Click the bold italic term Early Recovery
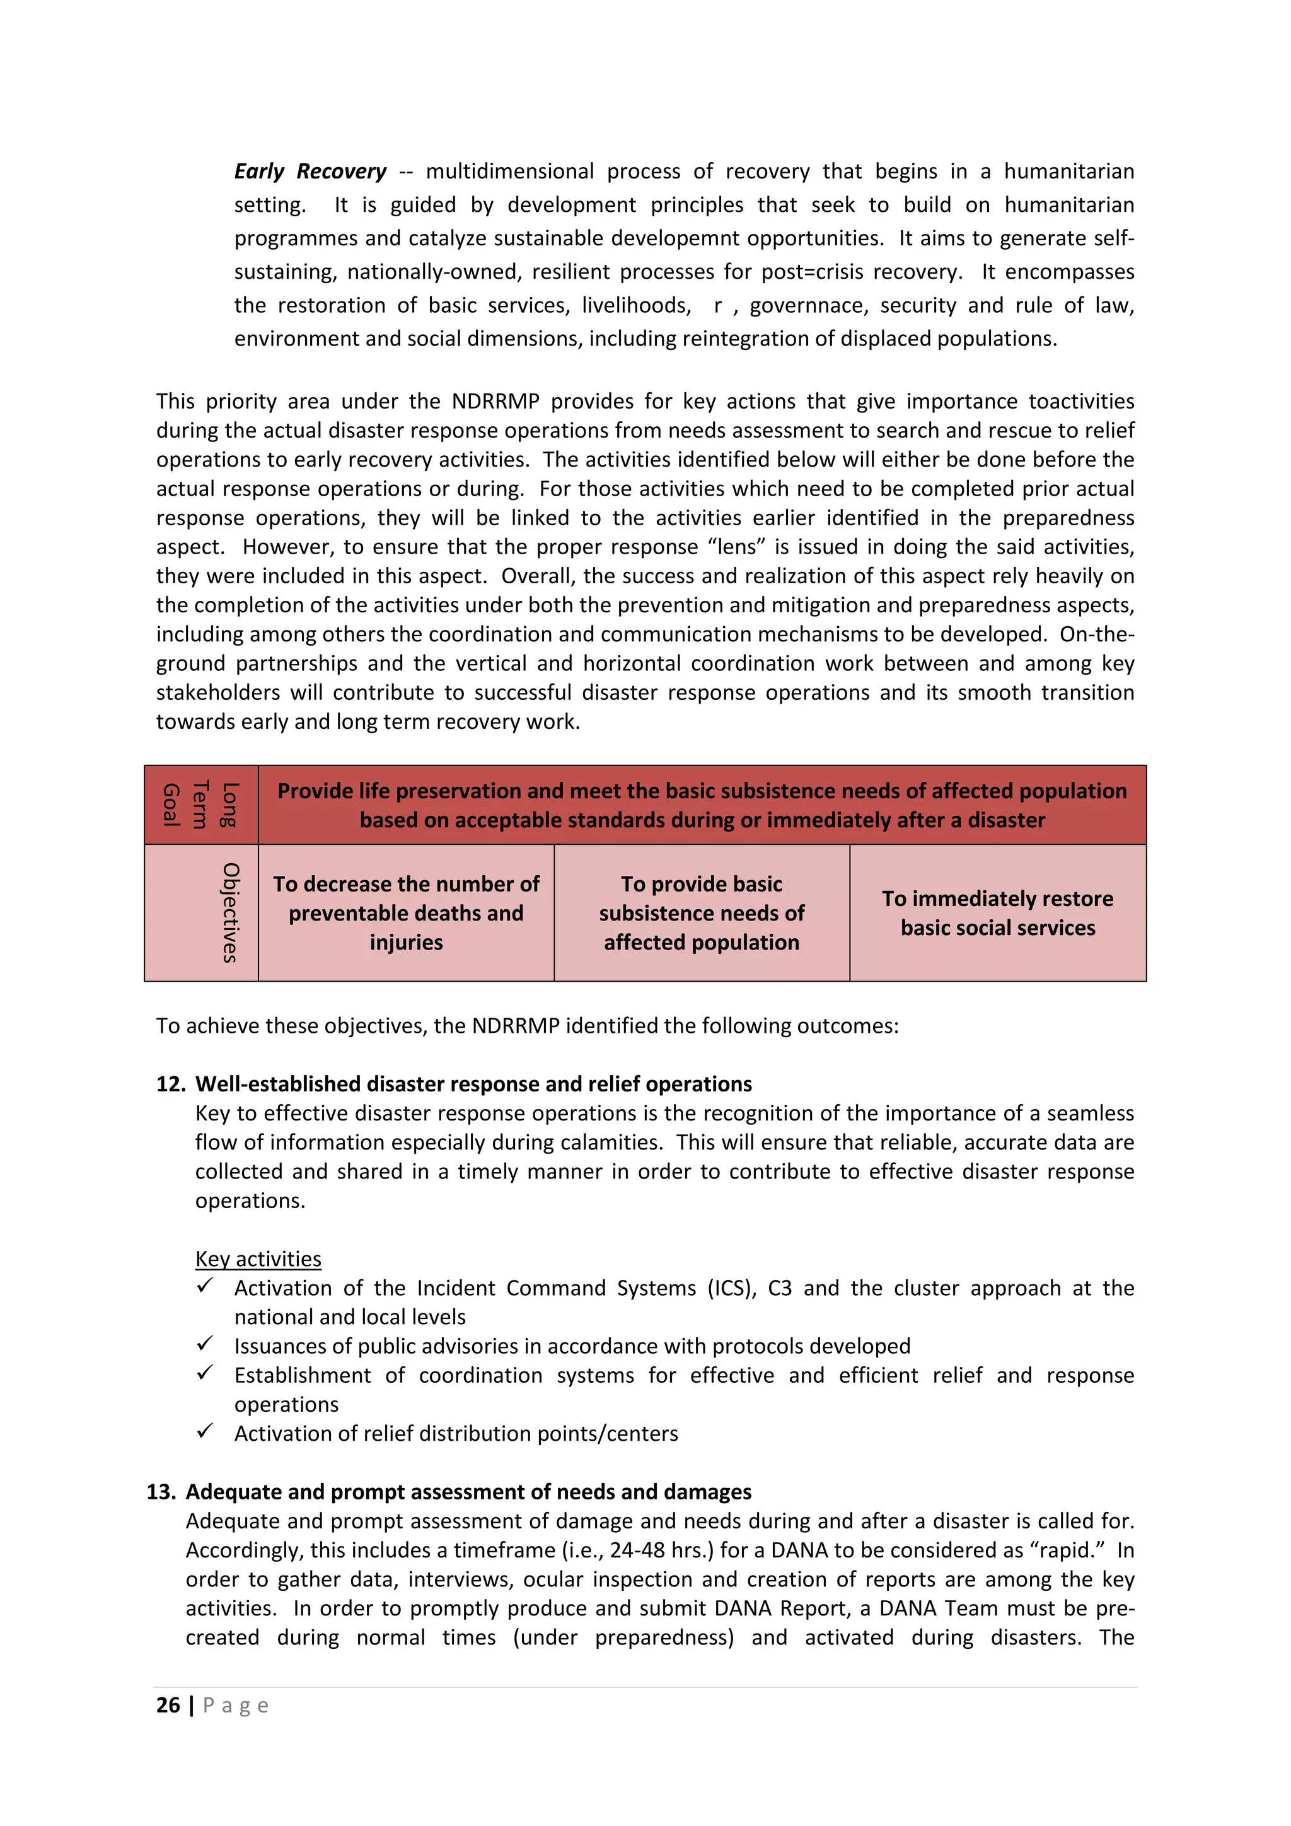310,172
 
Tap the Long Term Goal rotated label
200,804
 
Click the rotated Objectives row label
229,912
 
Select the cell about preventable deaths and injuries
405,913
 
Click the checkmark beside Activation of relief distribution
205,1431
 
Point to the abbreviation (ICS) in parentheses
731,1288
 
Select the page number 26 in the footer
168,1704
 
